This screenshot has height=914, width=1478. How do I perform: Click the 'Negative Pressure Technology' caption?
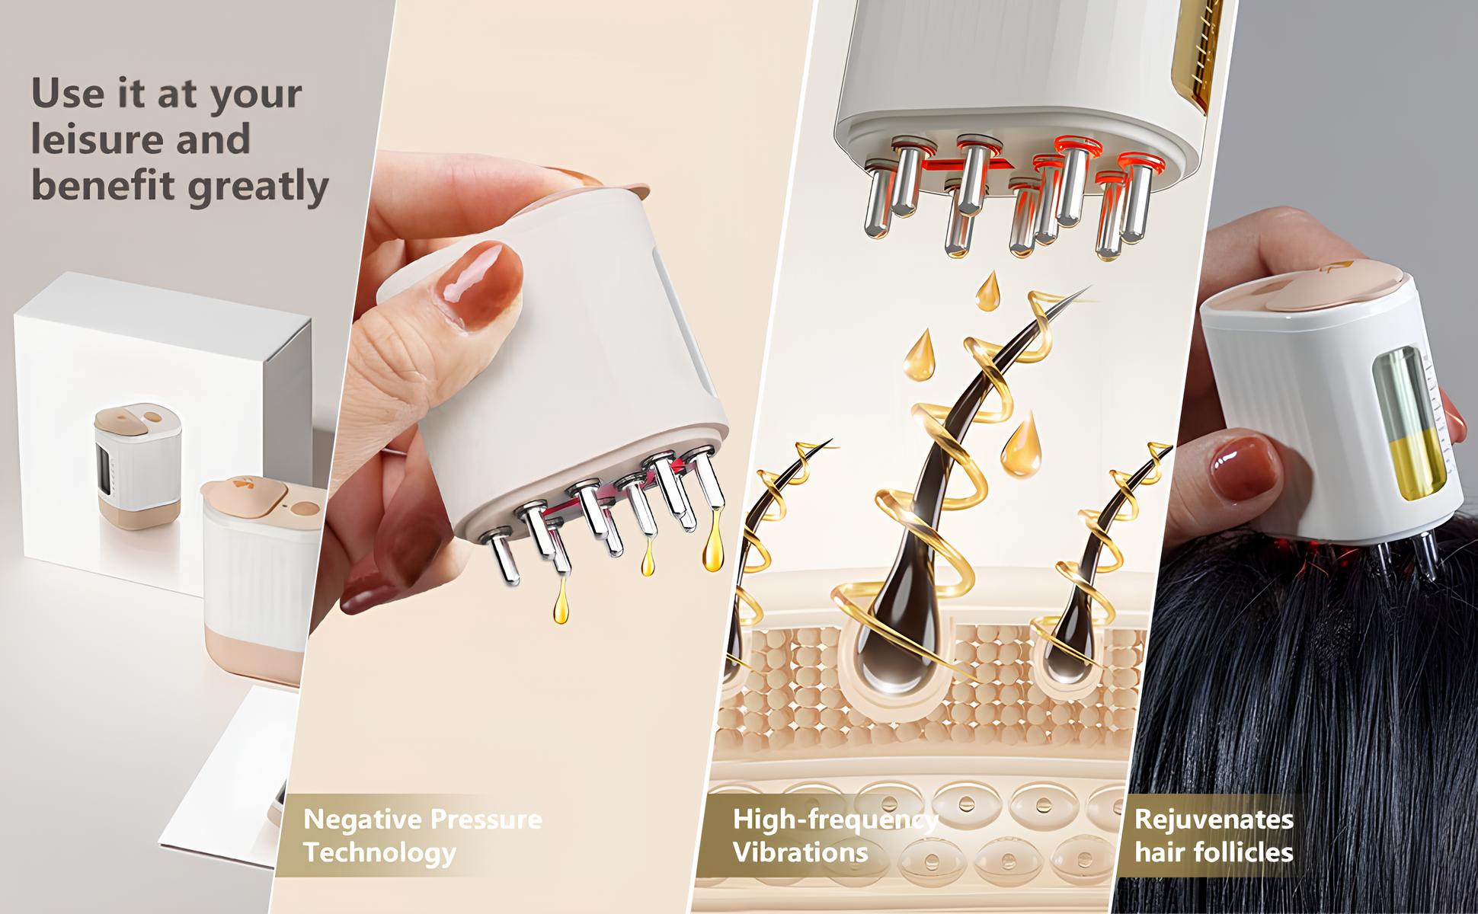422,836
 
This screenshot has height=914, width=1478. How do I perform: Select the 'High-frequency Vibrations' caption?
833,836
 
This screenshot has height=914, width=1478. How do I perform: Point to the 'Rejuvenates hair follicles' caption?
1213,836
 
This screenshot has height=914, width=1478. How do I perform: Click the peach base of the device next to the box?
251,655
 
